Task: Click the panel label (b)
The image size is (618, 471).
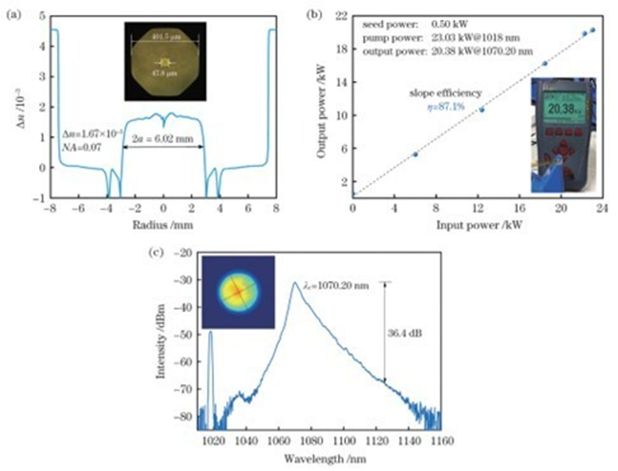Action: (321, 11)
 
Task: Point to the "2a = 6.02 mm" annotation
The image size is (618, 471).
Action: (162, 139)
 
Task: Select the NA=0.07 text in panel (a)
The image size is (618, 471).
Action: (79, 145)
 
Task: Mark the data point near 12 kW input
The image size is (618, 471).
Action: (481, 109)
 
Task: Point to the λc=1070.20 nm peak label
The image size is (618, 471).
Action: (333, 282)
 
